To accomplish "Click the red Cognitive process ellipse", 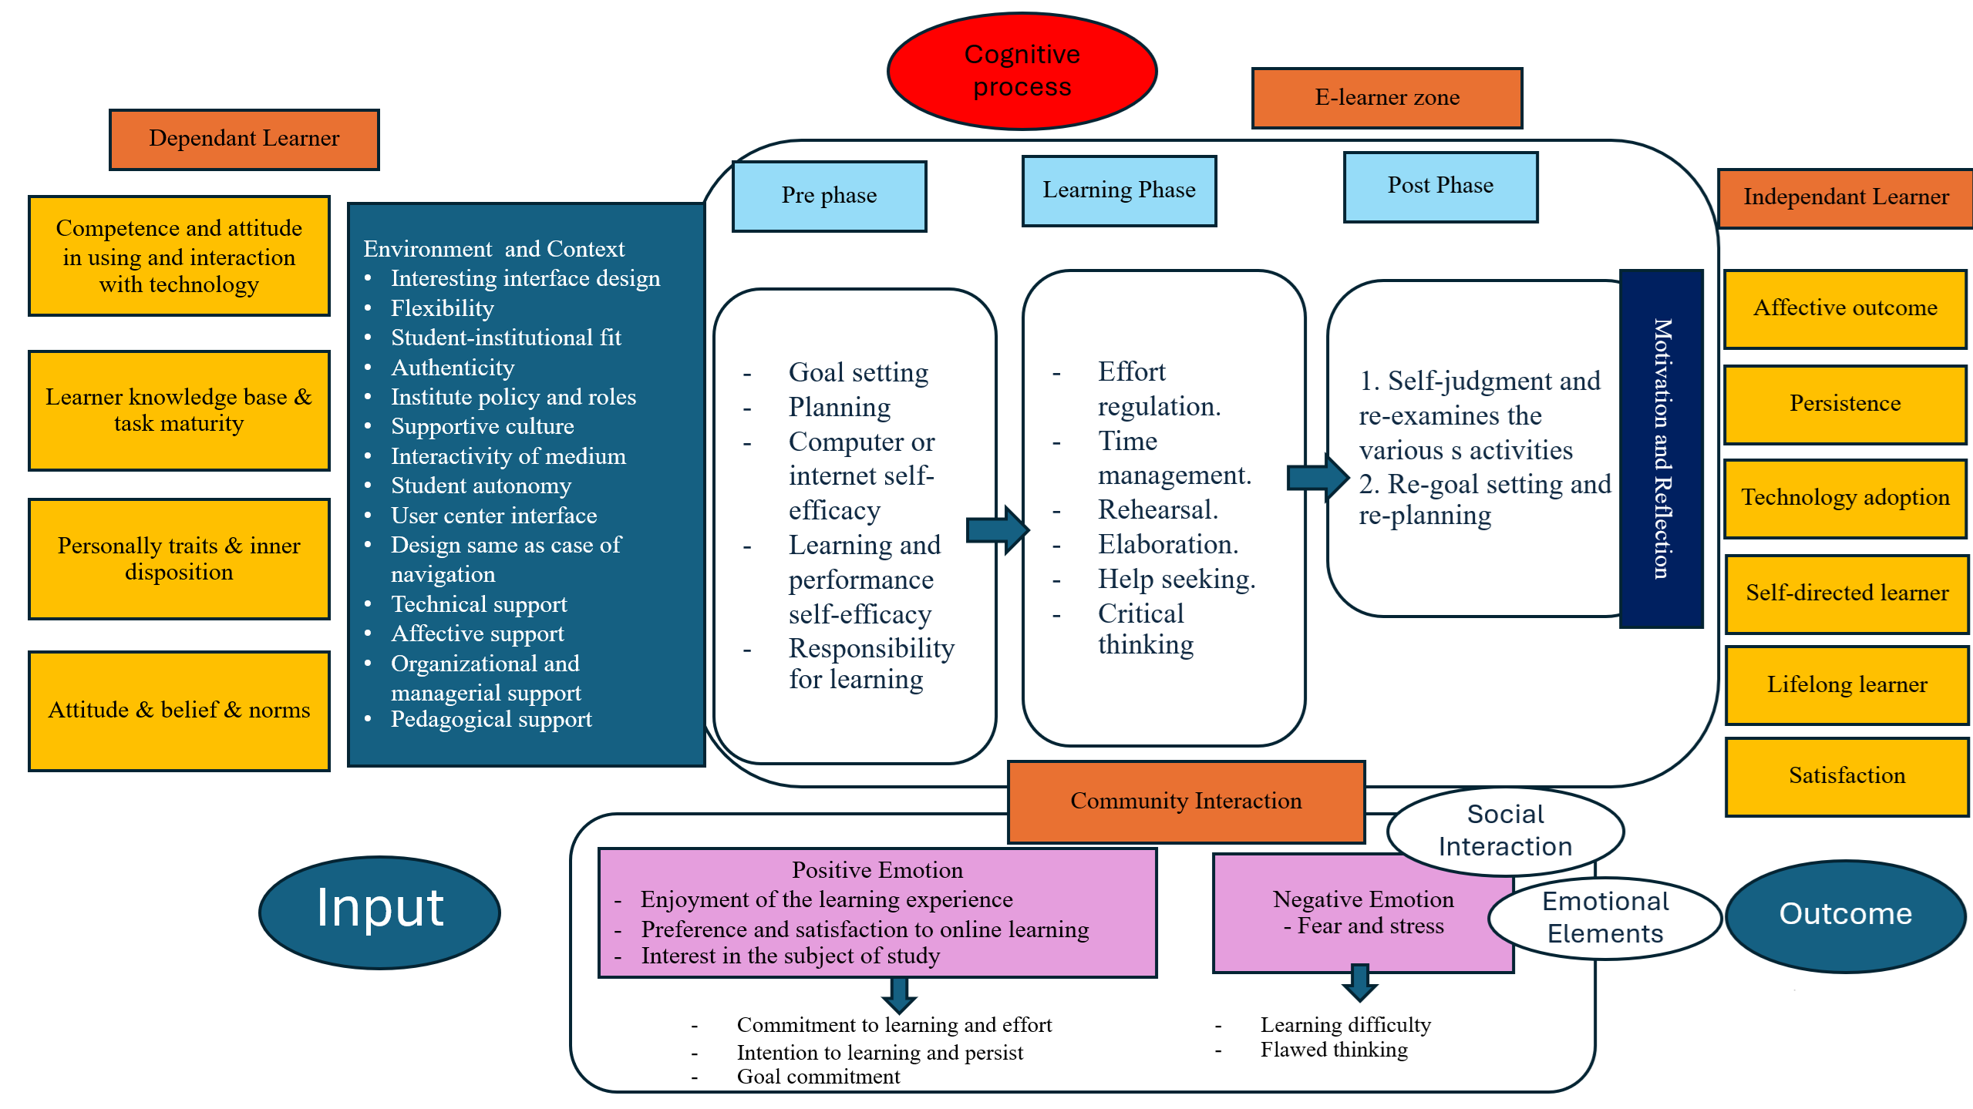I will tap(1022, 71).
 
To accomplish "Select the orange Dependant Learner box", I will tap(244, 139).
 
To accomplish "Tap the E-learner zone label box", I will tap(1387, 98).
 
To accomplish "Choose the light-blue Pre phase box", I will tap(829, 196).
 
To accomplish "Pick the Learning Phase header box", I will tap(1119, 190).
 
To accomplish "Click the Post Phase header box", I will tap(1440, 187).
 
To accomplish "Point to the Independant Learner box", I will tap(1845, 198).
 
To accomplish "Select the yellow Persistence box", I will tap(1845, 404).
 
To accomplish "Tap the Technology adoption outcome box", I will tap(1845, 498).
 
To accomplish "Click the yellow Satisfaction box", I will tap(1847, 776).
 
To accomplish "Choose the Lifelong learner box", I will tap(1847, 685).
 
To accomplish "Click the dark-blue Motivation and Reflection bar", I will tap(1662, 449).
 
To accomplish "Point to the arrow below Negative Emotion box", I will tap(1360, 983).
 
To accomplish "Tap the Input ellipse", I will tap(380, 912).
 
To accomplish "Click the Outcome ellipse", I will tap(1845, 916).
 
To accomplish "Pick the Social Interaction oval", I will tap(1505, 831).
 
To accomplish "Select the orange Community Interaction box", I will tap(1186, 802).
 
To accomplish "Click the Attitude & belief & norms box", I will tap(179, 711).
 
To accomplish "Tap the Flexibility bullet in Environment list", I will tap(442, 309).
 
